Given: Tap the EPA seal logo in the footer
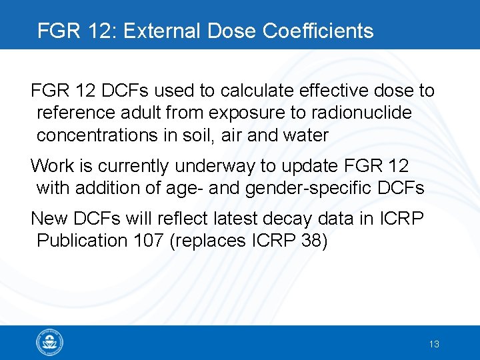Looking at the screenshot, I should tap(50, 343).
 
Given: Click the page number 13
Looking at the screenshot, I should tap(434, 344).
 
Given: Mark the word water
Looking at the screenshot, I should tap(305, 135).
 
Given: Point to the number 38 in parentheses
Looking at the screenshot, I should tap(311, 240).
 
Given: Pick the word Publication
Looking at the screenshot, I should tap(80, 240).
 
